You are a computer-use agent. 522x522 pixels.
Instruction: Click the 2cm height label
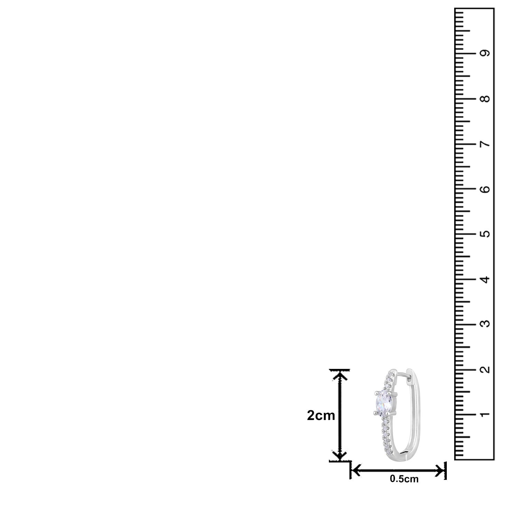(x=321, y=416)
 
